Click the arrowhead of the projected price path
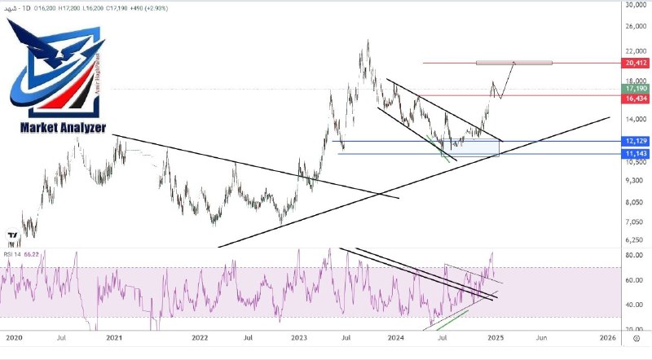(x=513, y=63)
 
